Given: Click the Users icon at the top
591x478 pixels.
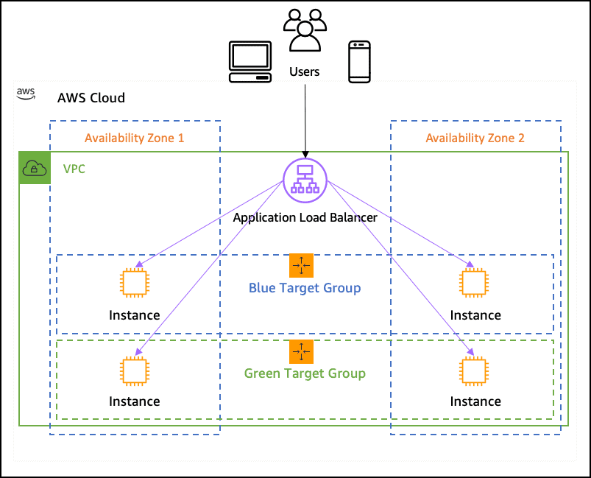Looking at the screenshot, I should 305,31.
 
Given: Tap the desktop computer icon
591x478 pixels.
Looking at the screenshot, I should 251,63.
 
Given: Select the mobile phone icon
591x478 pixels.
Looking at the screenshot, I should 358,62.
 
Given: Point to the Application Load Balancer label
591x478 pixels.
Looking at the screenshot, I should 305,217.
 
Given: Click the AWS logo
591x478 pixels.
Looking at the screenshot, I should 26,94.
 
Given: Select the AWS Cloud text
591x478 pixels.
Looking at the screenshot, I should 91,98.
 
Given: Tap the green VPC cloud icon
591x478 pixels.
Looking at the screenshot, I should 35,169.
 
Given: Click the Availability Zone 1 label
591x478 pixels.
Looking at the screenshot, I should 134,138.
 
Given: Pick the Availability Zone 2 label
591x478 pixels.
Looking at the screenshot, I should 475,138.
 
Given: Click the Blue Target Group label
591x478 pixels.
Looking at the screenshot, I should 305,287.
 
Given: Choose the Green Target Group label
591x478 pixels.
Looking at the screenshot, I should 305,373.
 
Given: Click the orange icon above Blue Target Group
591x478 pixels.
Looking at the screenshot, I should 301,266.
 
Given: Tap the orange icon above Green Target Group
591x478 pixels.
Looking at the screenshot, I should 301,352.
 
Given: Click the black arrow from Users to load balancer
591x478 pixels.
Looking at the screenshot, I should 305,118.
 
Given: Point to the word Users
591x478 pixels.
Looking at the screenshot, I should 305,71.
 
